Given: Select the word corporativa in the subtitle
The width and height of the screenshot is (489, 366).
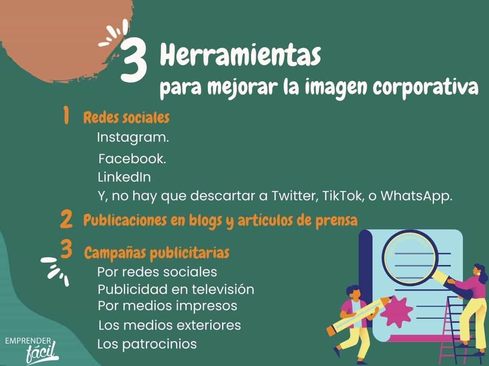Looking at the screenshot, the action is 426,88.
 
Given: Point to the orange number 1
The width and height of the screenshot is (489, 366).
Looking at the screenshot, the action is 66,115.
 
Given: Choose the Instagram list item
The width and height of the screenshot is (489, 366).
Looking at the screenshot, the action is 133,138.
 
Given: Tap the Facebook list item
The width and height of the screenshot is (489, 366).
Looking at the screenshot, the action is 132,159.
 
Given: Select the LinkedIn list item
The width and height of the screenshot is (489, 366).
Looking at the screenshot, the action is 124,178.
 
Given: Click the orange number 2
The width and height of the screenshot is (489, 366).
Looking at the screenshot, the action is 66,219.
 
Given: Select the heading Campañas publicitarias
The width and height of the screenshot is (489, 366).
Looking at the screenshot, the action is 157,253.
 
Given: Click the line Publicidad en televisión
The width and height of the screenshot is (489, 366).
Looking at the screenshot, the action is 176,289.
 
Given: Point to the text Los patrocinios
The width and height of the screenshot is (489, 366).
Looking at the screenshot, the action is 147,344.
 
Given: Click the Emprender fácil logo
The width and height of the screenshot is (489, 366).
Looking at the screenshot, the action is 32,349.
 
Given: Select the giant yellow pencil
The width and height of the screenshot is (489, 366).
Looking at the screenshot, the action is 359,316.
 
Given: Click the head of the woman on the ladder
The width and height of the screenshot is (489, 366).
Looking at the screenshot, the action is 478,273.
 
